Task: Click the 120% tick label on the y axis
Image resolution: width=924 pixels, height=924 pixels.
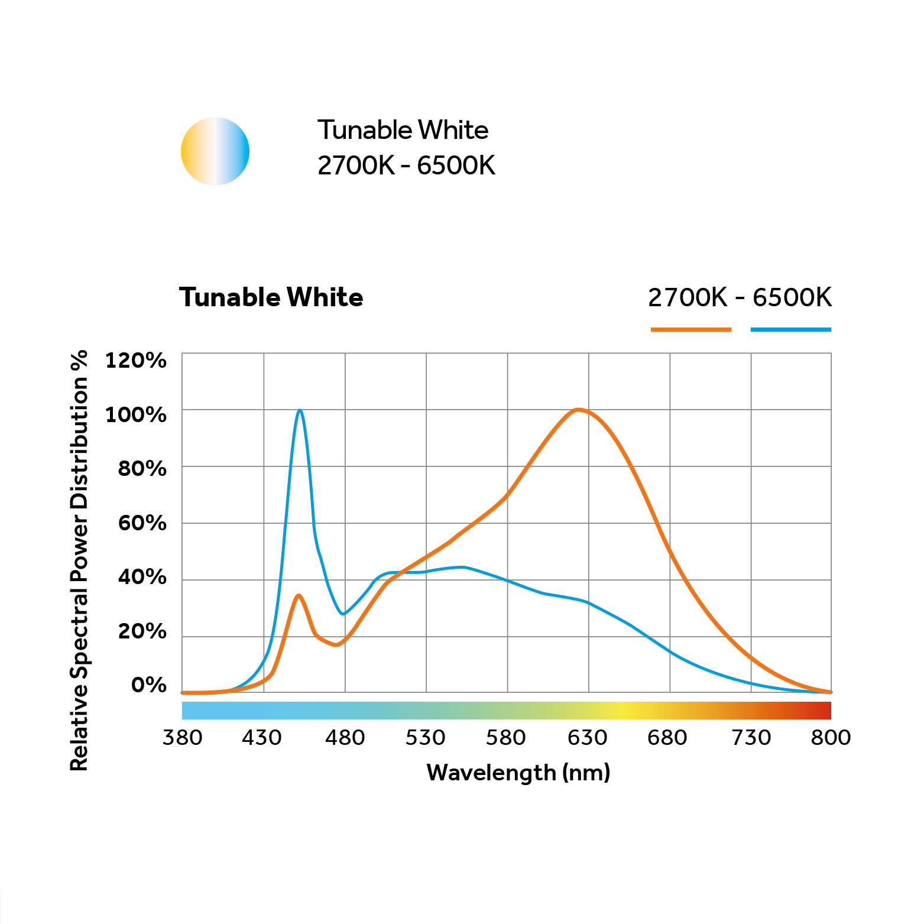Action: coord(135,360)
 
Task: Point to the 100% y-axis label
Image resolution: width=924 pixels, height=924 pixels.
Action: coord(135,414)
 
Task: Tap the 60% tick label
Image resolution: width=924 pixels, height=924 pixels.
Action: coord(142,523)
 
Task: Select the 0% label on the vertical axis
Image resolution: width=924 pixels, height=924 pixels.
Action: coord(148,685)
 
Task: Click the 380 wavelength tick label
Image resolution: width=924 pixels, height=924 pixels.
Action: coord(182,737)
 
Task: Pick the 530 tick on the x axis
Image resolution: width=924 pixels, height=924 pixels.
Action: coord(425,737)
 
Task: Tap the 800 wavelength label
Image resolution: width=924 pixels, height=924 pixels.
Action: coord(830,737)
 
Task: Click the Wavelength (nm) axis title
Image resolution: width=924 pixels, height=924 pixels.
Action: coord(518,772)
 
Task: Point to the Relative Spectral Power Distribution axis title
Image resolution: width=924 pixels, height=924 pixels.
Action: coord(79,560)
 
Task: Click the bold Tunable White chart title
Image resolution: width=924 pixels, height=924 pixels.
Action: coord(271,297)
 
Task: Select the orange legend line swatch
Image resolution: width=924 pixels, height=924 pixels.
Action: coord(690,329)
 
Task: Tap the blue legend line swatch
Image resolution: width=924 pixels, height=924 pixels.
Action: coord(790,329)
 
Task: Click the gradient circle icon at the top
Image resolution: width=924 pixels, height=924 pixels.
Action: coord(215,151)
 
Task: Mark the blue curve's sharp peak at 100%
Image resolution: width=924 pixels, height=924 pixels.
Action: coord(300,410)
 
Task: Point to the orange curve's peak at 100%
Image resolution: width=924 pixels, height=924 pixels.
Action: coord(578,409)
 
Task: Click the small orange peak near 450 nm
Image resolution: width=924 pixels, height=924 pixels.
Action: coord(299,595)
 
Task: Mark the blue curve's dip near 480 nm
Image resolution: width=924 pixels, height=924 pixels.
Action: coord(342,614)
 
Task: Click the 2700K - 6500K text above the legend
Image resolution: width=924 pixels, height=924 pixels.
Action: coord(740,297)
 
